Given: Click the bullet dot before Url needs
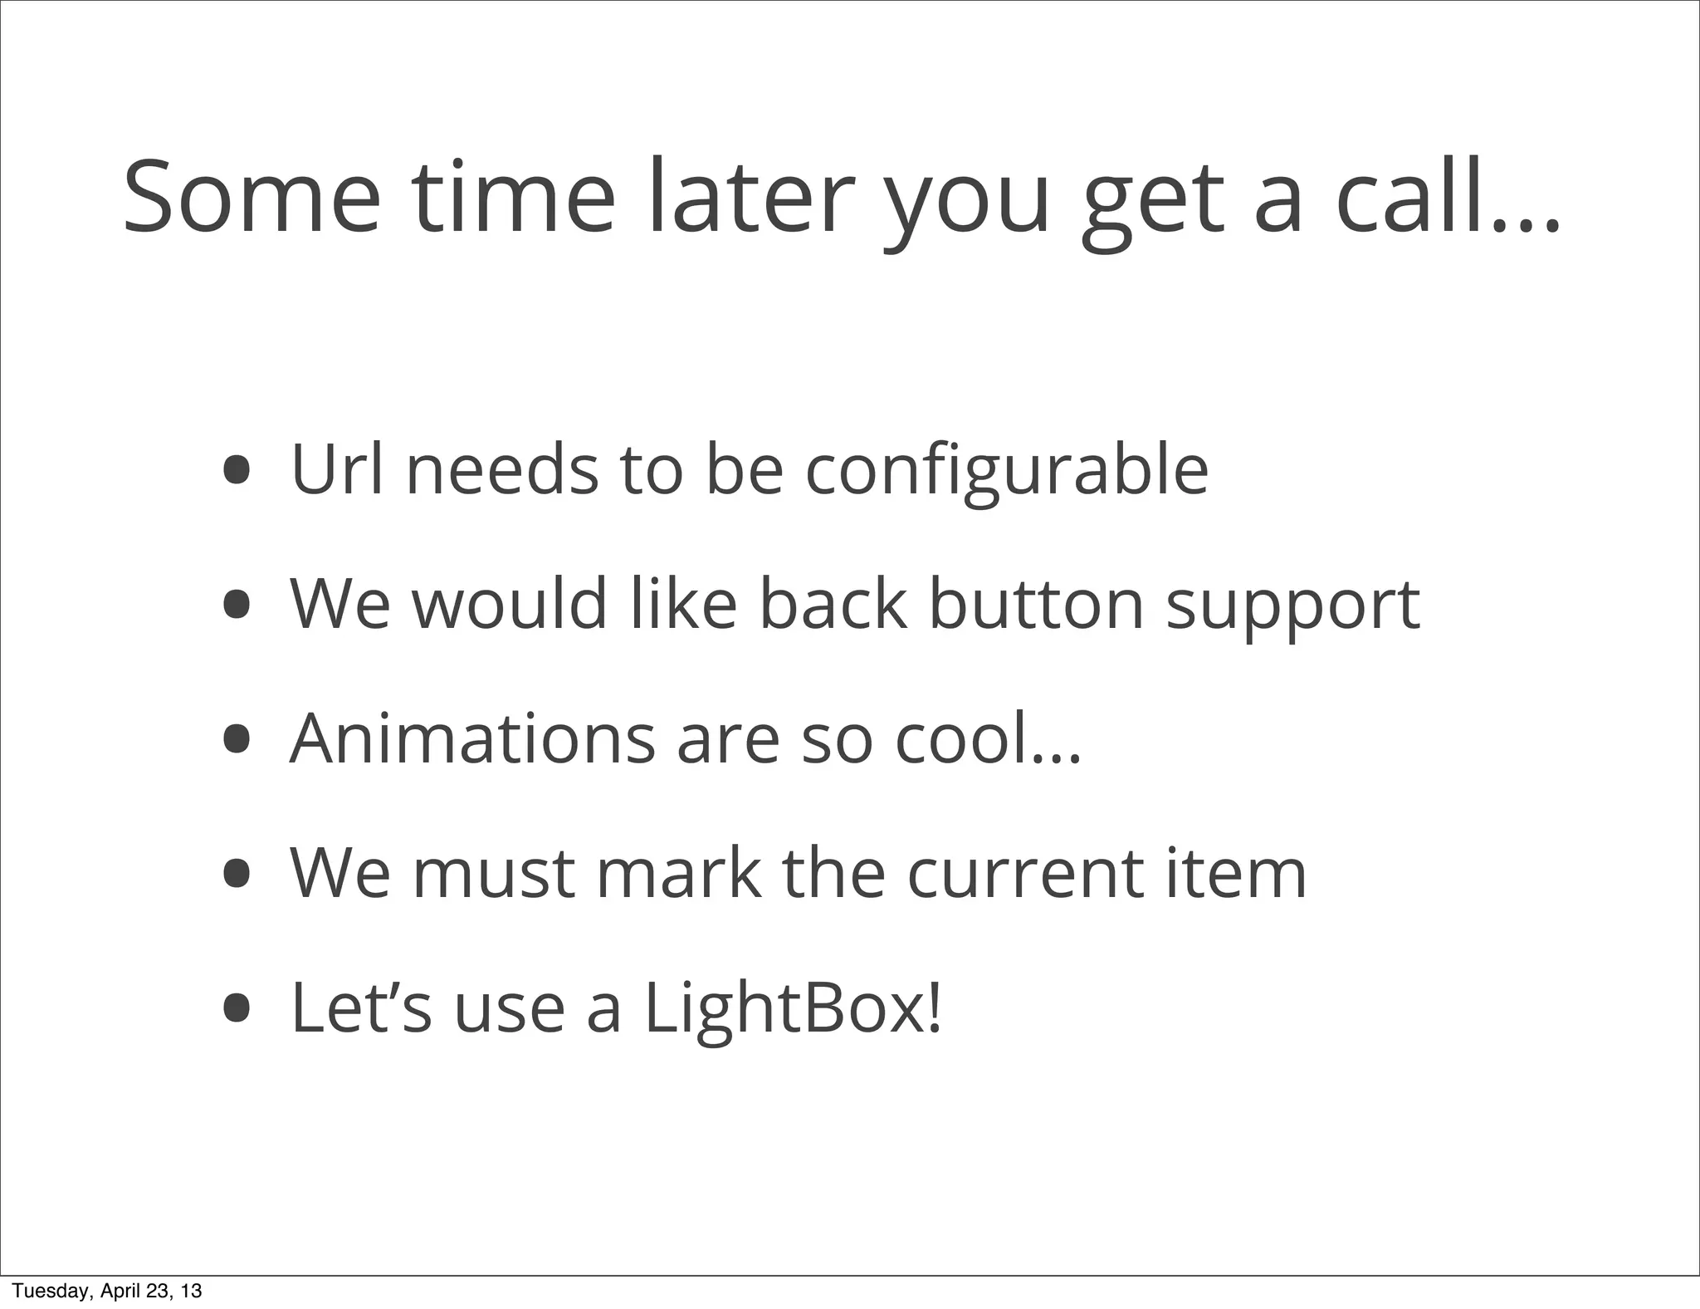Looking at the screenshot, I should point(237,469).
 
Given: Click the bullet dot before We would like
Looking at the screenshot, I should point(237,605).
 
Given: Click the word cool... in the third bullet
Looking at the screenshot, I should point(988,738).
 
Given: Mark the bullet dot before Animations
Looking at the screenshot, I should point(237,739).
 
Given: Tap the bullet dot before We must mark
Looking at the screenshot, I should point(237,874).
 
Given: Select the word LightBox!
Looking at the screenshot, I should point(793,1009).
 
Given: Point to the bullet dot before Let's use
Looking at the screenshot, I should point(237,1008).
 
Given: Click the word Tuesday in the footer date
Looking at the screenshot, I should point(50,1291).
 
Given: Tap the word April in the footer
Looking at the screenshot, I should point(121,1291).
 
